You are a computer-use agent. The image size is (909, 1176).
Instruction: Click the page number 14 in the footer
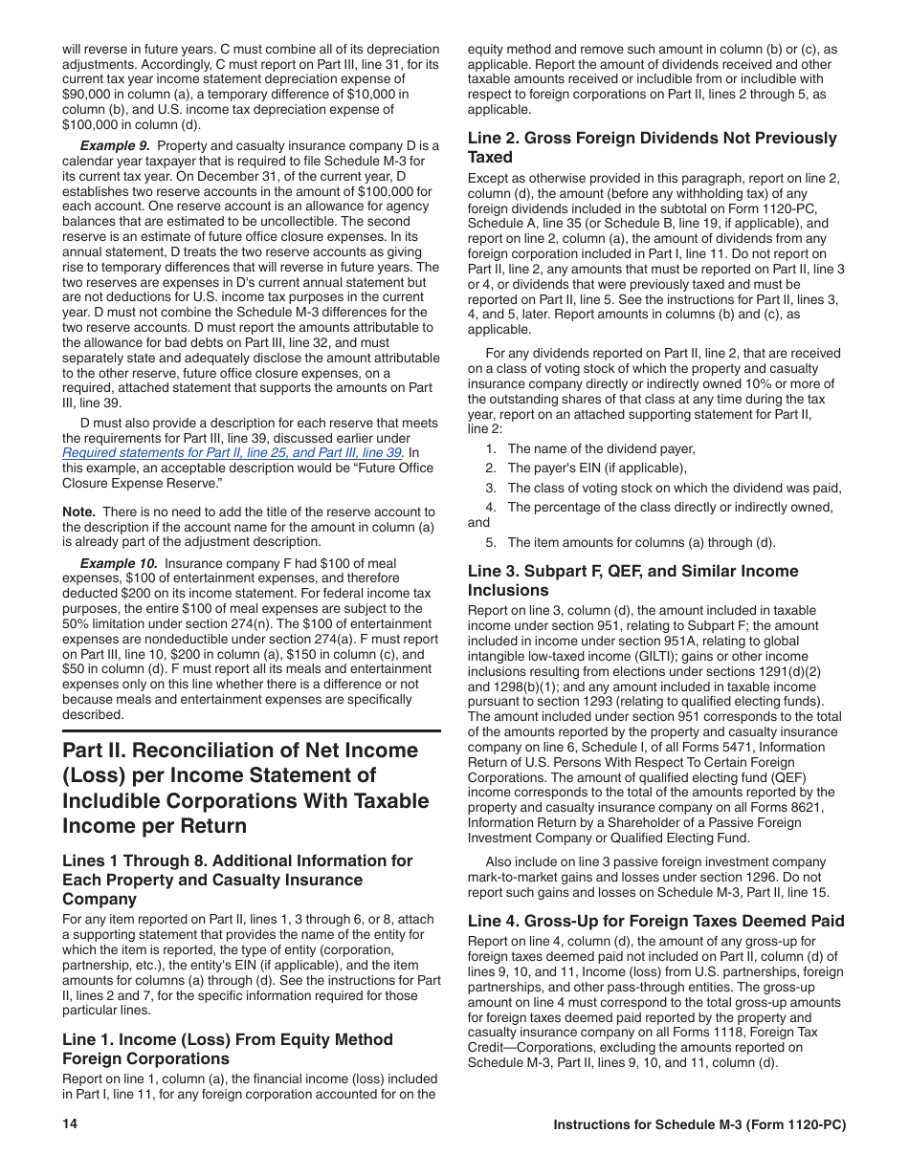[x=69, y=1124]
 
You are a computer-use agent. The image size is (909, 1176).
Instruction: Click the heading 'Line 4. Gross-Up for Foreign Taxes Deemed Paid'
[x=655, y=921]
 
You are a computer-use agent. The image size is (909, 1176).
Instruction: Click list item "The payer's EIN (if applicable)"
[x=597, y=468]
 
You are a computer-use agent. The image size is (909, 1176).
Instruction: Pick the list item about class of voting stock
[x=674, y=488]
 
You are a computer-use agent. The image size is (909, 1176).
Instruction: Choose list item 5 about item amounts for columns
[x=641, y=542]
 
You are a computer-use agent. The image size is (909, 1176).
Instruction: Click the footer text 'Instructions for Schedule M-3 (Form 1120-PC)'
[x=699, y=1125]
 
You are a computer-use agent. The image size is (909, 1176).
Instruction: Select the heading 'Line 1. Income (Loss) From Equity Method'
[x=228, y=1039]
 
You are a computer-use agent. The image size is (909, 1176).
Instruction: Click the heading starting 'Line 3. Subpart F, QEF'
[x=632, y=571]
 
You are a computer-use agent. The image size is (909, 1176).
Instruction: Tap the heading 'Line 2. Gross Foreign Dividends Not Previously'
[x=652, y=138]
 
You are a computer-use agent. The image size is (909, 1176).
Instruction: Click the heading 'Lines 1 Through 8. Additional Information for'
[x=237, y=860]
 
